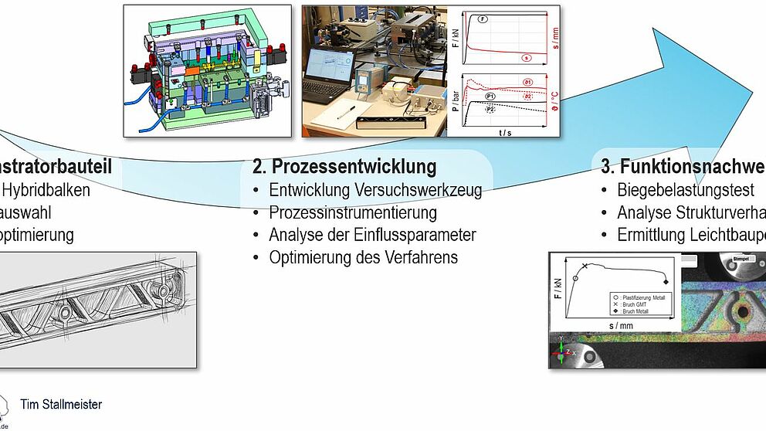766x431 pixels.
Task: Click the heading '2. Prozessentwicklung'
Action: click(344, 166)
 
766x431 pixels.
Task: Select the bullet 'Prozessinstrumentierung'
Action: click(353, 212)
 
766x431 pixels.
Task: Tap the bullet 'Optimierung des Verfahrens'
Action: click(363, 257)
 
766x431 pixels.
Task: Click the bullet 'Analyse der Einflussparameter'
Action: click(372, 235)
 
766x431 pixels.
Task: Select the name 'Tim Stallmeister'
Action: click(61, 404)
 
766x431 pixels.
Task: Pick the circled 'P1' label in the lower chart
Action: click(490, 95)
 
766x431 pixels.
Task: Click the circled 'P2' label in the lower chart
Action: click(490, 110)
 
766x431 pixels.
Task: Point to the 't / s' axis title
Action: click(506, 132)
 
